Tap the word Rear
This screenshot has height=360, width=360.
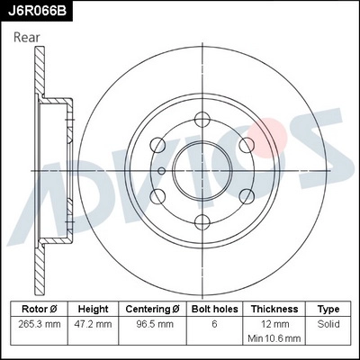[x=27, y=37]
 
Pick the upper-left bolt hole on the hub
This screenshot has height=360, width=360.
[x=157, y=142]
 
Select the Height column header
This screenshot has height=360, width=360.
[x=94, y=308]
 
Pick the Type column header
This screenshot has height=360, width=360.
[x=328, y=308]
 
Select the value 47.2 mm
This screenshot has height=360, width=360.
[x=94, y=323]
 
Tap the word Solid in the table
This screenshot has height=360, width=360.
[x=328, y=323]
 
